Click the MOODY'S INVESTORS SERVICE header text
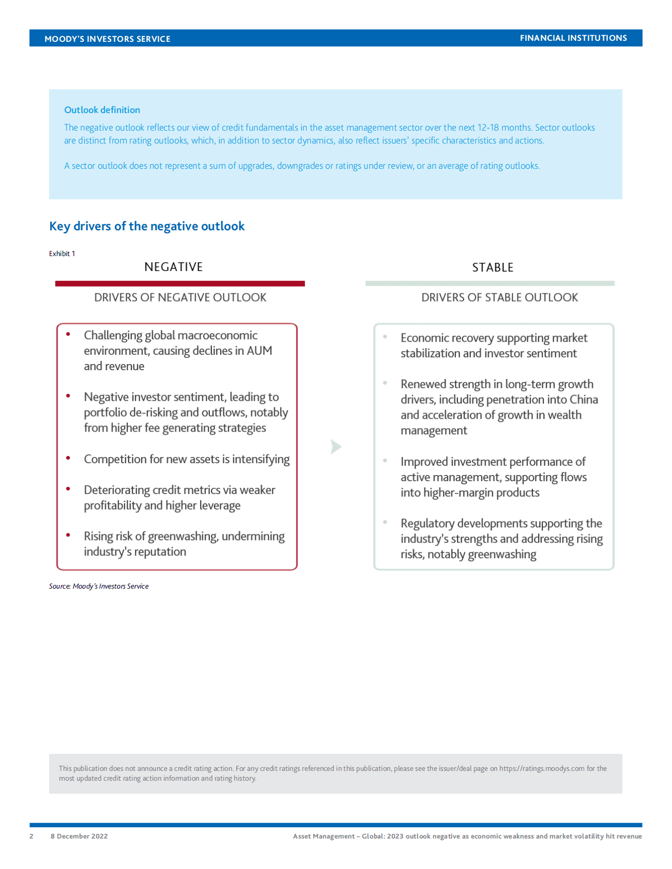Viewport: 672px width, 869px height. point(107,39)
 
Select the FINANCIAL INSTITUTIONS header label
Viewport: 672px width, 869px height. point(573,38)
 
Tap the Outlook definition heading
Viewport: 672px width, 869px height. point(102,110)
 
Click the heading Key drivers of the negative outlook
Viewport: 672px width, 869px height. point(147,226)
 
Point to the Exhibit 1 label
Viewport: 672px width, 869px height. point(62,254)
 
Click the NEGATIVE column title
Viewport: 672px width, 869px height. point(174,267)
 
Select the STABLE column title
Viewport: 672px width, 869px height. point(493,267)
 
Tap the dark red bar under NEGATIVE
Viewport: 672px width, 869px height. point(180,283)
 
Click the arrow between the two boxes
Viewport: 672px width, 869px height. point(336,447)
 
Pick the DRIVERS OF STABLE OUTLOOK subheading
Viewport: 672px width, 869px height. point(499,297)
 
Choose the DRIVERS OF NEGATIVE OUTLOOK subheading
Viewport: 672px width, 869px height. point(180,297)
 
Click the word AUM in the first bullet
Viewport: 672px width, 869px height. point(259,351)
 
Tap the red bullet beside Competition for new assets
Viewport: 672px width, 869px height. point(68,459)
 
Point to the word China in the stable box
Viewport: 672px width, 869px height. point(584,400)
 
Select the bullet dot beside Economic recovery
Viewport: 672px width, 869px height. point(385,337)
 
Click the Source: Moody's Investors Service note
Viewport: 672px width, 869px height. point(99,586)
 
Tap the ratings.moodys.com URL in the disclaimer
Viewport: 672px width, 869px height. point(542,768)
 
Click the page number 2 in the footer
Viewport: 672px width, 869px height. point(32,836)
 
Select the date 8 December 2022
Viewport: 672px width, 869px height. point(79,836)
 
